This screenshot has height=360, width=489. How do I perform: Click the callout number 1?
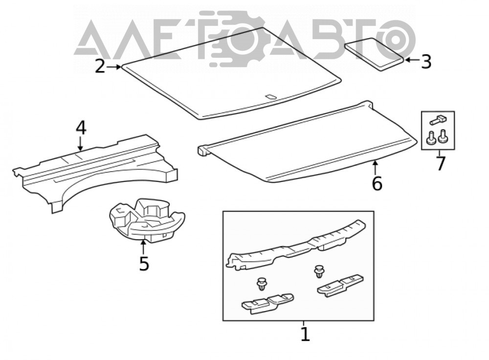coord(305,334)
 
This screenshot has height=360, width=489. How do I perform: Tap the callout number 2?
coord(100,66)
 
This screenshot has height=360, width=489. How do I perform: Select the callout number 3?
coord(426,62)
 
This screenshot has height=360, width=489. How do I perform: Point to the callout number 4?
coord(81,128)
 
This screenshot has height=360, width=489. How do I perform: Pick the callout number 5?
coord(144,264)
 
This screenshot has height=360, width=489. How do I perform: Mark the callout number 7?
coord(440,163)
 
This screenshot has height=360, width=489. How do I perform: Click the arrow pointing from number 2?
coord(114,67)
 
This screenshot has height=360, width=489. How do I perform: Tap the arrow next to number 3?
coord(412,60)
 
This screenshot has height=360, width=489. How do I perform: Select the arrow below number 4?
coord(81,144)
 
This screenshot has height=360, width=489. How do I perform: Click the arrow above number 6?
coord(376,167)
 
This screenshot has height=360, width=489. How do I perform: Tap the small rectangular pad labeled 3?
coord(374,54)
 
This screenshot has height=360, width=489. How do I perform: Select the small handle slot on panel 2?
coord(270,97)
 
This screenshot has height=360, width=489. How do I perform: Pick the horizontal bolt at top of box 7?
coord(438,119)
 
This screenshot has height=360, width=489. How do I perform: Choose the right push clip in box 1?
coord(319,271)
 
